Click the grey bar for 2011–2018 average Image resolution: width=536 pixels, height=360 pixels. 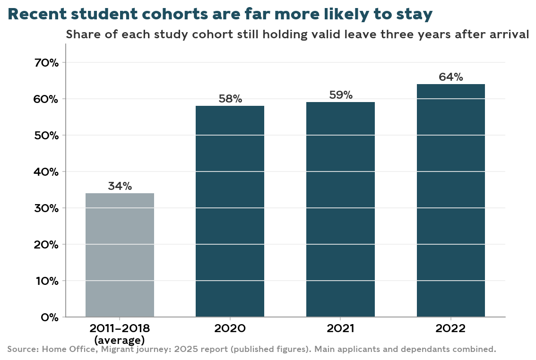click(120, 255)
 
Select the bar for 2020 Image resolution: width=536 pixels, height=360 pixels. click(230, 212)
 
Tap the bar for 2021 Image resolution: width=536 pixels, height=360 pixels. click(340, 209)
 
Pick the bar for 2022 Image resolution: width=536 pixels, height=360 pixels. click(451, 200)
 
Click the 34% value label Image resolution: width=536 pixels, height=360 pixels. click(120, 186)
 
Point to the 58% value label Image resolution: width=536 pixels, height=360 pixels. click(230, 99)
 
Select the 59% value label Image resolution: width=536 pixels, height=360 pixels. click(340, 95)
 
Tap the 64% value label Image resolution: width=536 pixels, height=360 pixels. click(451, 77)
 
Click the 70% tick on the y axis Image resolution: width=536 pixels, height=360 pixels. click(46, 63)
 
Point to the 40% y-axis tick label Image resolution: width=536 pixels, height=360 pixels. click(46, 172)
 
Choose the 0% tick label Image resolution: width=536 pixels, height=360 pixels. click(50, 317)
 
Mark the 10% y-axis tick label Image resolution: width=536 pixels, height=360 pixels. click(47, 281)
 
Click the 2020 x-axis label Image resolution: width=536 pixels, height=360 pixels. click(230, 328)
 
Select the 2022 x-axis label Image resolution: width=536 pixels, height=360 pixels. click(451, 328)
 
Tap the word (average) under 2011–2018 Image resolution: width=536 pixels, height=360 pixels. click(120, 340)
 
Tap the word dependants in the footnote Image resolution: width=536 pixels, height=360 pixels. click(427, 350)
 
